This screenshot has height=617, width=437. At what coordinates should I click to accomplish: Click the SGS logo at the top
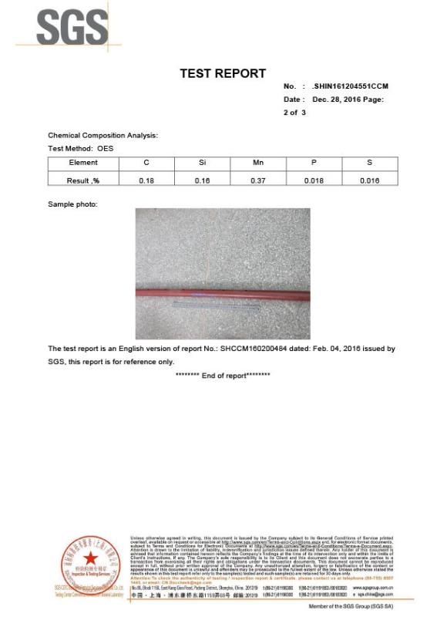click(72, 28)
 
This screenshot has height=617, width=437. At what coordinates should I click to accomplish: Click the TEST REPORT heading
click(223, 73)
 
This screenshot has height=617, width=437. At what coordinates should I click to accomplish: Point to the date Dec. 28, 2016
click(340, 99)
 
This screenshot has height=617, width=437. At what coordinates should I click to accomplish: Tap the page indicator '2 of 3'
click(294, 113)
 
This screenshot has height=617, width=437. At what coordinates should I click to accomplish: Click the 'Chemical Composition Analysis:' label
click(103, 136)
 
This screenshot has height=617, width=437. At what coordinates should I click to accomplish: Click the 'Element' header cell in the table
click(83, 163)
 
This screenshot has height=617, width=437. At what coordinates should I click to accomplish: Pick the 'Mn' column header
click(258, 163)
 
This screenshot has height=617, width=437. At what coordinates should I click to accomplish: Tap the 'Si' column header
click(202, 163)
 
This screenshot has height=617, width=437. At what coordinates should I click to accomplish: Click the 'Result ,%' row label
click(83, 180)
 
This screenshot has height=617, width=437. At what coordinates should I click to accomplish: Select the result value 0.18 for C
click(146, 180)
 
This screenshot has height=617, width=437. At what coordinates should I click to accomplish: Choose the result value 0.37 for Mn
click(258, 180)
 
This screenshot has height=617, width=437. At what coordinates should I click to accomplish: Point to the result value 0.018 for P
click(314, 180)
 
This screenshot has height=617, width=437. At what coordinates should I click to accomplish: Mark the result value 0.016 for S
click(370, 180)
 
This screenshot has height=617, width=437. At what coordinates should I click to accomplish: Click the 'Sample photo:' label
click(72, 204)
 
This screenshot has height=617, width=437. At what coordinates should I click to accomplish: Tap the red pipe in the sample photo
click(223, 292)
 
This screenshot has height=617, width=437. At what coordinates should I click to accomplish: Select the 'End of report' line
click(223, 375)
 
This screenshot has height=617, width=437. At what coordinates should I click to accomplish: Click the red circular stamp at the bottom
click(91, 560)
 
